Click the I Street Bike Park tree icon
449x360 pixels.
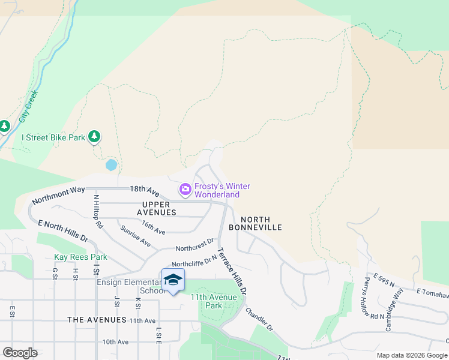(94, 137)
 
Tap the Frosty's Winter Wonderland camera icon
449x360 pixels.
(185, 190)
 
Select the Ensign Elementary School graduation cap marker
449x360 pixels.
(173, 280)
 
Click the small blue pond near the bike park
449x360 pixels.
(111, 164)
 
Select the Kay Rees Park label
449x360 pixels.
(80, 257)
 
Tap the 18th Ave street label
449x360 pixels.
(144, 190)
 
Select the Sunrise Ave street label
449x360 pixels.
(134, 236)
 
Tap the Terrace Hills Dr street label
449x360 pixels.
(232, 271)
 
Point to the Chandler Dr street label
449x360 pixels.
(259, 320)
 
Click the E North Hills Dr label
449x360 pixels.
(63, 231)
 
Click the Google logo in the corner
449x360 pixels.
(20, 352)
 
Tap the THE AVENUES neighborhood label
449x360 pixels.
(97, 320)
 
